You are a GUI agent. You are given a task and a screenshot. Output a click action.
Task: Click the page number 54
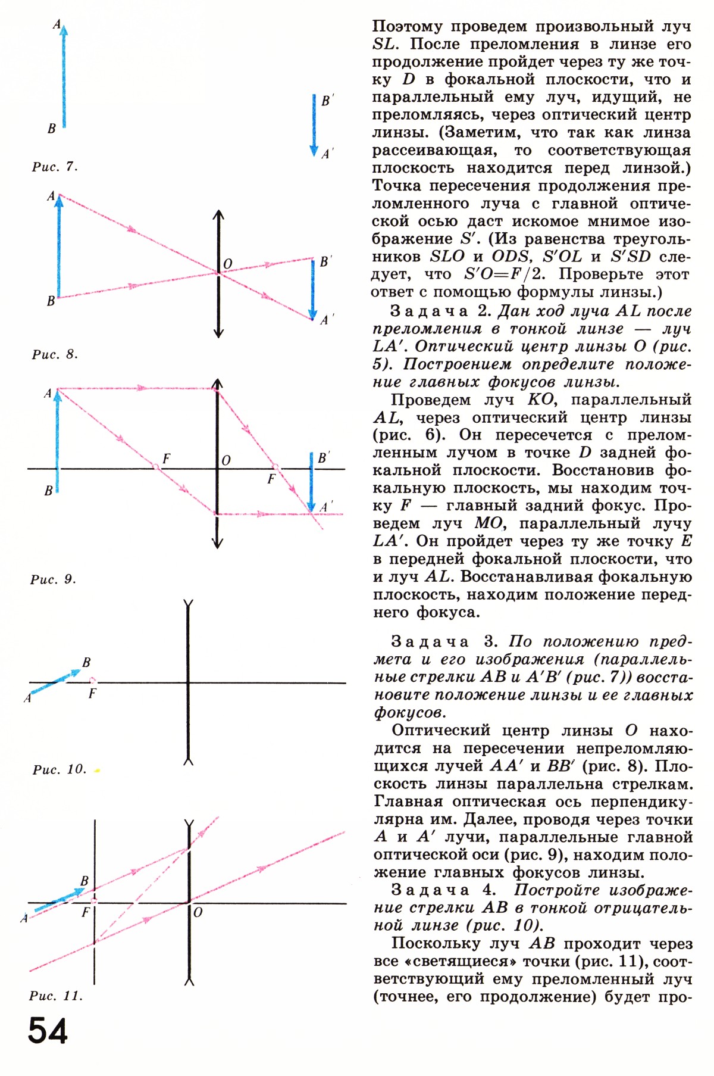point(48,1031)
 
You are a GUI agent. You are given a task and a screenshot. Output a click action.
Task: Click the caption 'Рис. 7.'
point(55,167)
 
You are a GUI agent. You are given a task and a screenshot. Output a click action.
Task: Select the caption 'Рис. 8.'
point(55,354)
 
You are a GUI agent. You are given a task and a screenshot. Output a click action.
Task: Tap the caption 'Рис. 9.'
point(53,579)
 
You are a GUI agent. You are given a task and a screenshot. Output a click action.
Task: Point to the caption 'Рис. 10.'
point(59,769)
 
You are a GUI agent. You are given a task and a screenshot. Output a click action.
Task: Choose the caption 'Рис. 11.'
point(55,996)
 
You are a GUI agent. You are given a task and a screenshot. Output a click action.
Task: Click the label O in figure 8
point(227,264)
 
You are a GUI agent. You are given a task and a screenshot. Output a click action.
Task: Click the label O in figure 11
point(198,912)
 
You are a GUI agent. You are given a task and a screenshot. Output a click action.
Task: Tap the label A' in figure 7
point(327,154)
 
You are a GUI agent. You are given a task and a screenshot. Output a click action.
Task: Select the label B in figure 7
point(52,129)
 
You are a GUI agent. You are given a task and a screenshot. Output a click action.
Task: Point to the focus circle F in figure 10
point(92,680)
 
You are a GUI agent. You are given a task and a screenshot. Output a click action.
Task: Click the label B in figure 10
point(87,662)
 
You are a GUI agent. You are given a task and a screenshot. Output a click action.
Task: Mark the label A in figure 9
point(48,394)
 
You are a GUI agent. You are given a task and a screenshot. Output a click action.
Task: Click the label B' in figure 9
point(324,458)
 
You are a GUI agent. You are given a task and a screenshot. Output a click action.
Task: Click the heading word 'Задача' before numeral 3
point(430,642)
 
